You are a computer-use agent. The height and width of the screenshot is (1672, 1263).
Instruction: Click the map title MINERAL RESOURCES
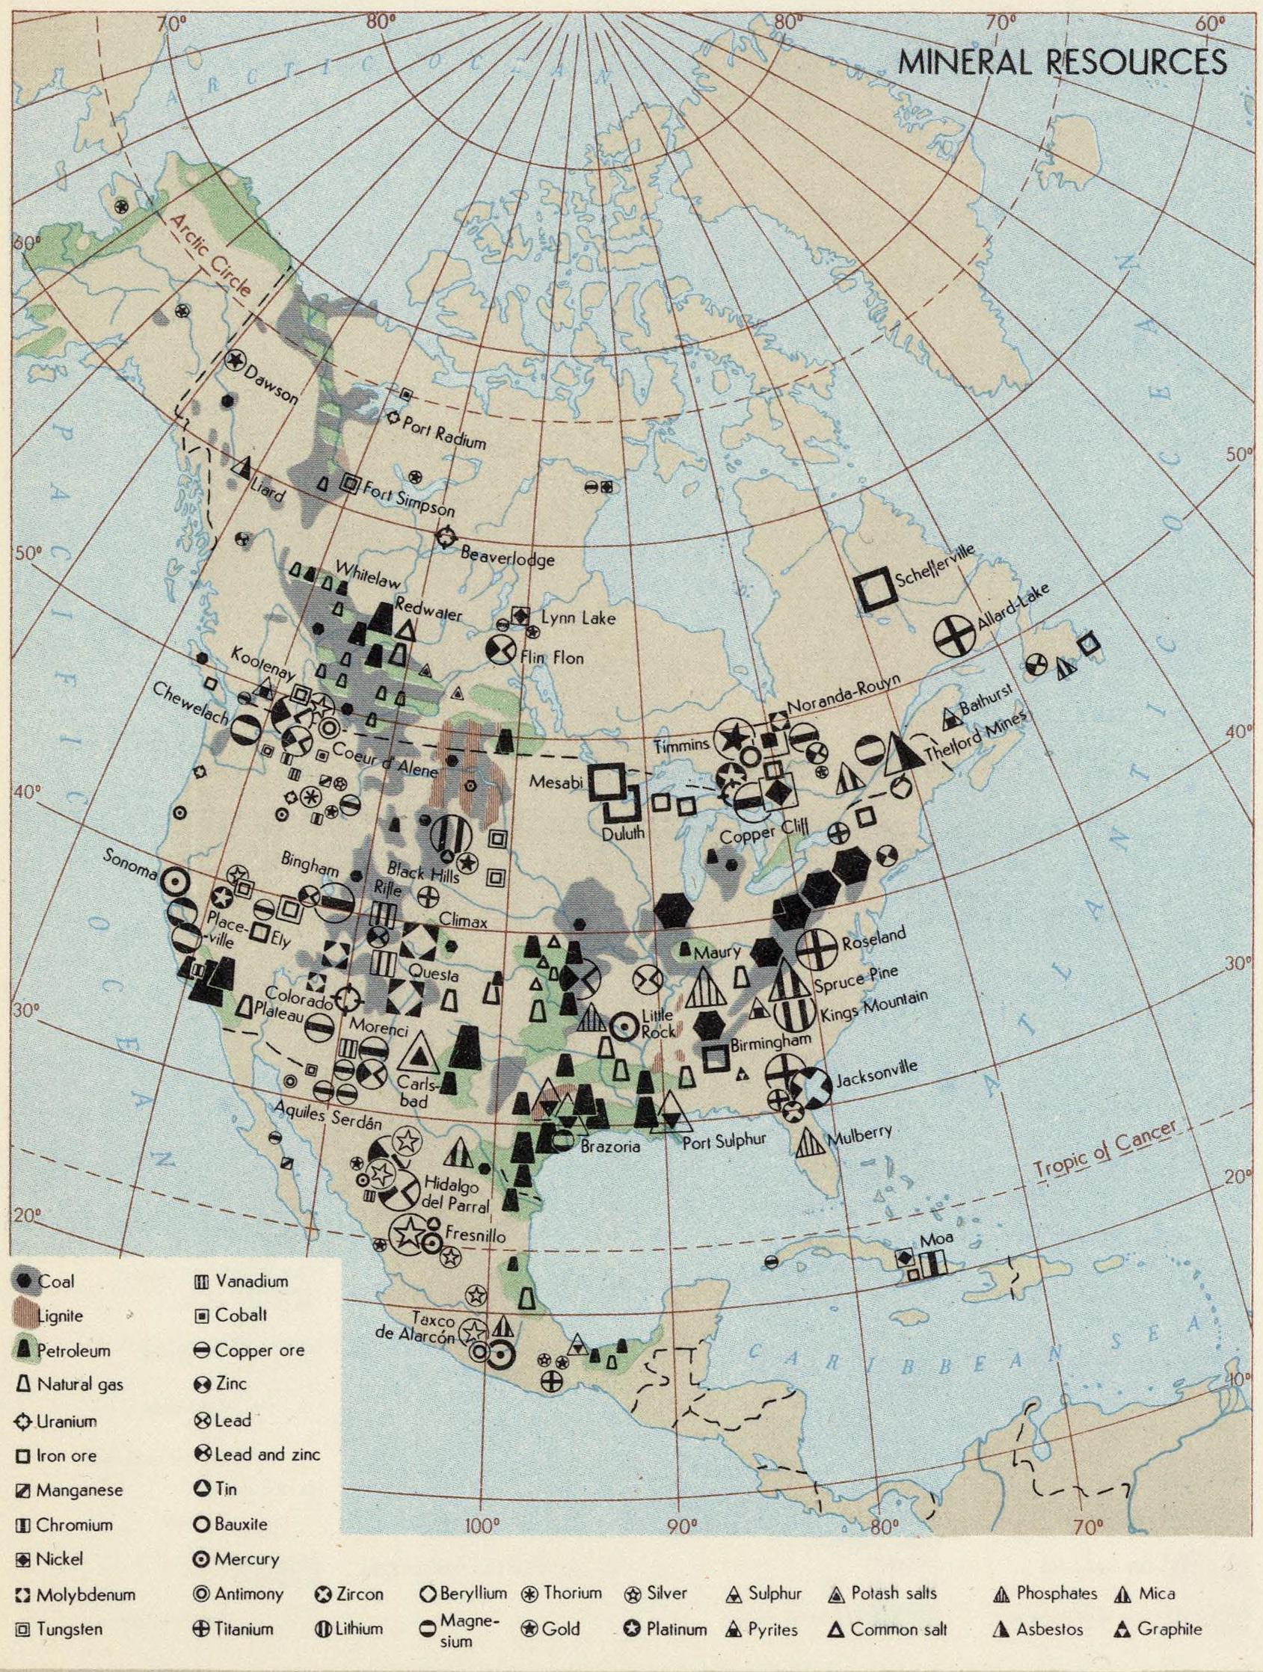pos(1062,62)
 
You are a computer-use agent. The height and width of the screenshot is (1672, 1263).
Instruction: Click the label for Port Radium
pos(443,432)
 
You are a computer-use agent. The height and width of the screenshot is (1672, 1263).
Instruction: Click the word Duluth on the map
pos(624,833)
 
